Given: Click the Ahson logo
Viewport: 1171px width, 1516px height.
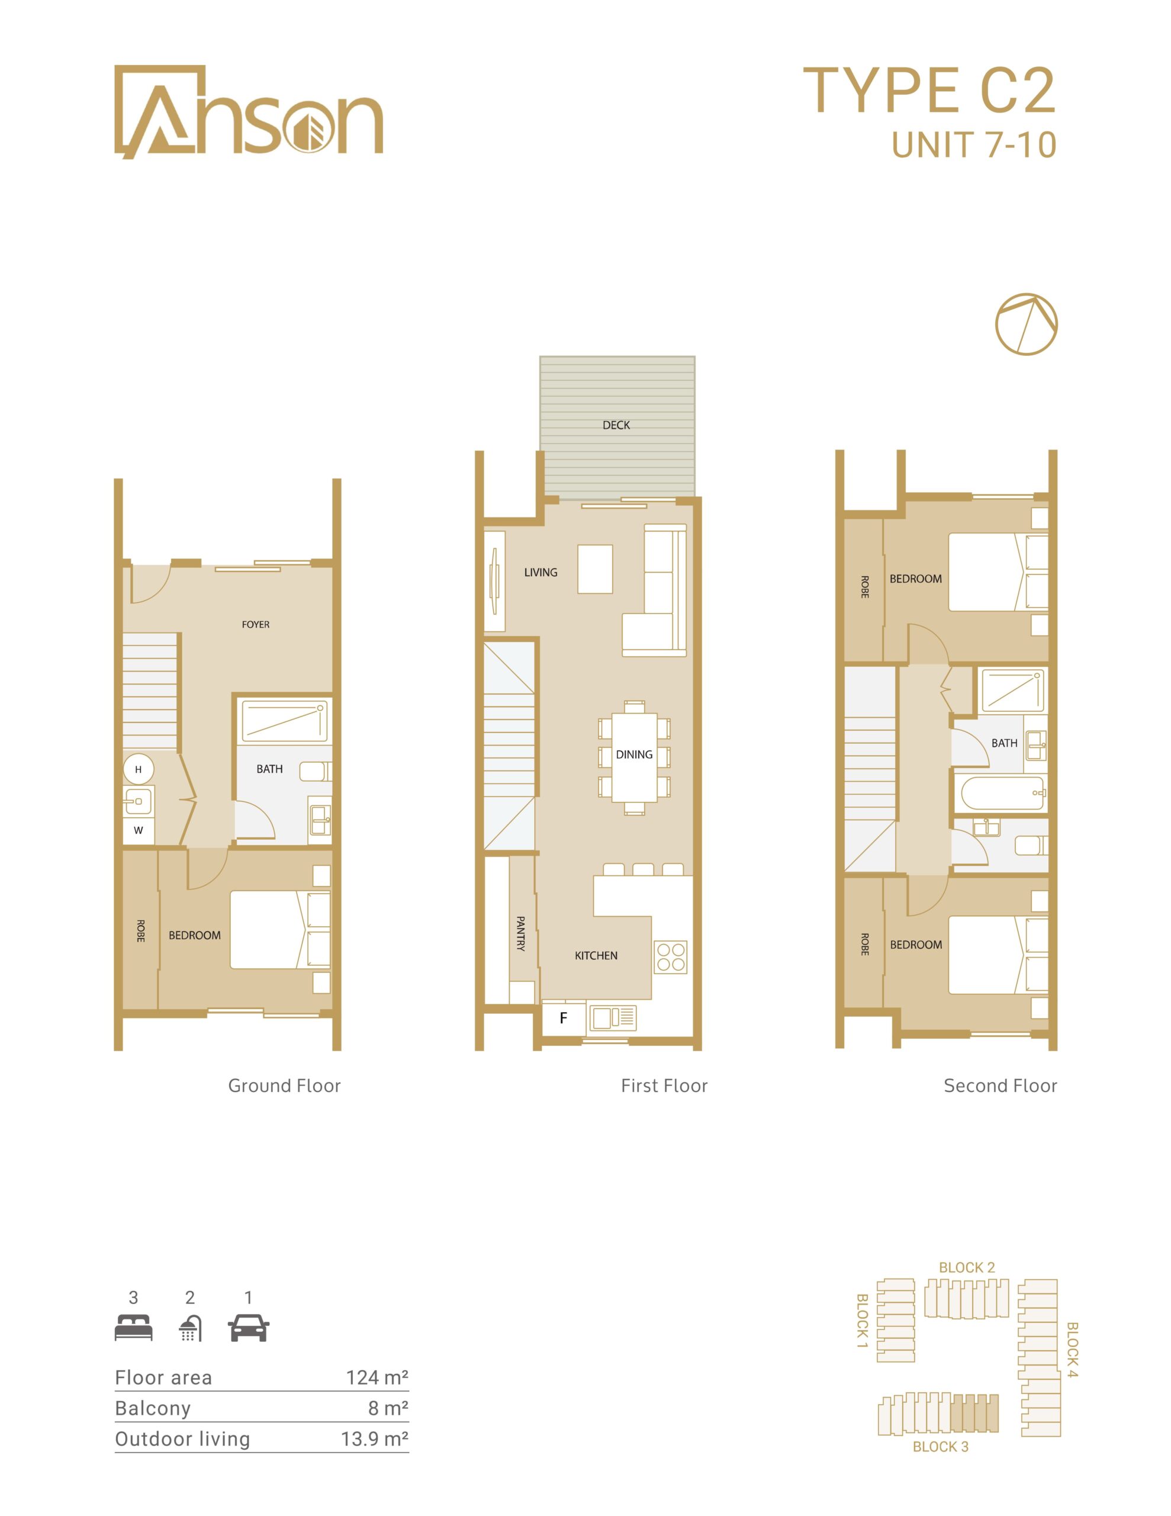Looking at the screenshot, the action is (249, 112).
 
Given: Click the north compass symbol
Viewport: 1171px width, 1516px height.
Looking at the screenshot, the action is (1026, 324).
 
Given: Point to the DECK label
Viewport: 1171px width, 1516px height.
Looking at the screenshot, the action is (616, 425).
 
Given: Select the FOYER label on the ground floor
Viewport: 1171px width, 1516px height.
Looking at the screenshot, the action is (255, 625).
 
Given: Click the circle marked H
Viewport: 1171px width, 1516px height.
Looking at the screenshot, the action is (138, 769).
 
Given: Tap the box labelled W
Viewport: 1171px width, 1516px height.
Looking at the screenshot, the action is (138, 830).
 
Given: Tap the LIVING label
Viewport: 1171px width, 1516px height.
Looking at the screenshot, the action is (541, 573).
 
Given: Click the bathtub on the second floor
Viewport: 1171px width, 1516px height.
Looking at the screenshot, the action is (1001, 794).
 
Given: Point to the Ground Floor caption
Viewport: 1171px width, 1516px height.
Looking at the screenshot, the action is (285, 1085).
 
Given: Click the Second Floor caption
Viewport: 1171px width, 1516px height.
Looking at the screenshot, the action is (1001, 1085).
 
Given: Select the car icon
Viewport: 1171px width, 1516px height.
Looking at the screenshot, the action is (249, 1328).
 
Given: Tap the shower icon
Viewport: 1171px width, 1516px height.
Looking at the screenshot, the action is (190, 1328).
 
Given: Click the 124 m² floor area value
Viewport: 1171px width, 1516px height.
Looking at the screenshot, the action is (377, 1377).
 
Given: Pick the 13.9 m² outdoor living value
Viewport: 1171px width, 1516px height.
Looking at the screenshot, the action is (374, 1438).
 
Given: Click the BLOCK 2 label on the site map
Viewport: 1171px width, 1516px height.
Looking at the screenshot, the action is (967, 1267).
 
